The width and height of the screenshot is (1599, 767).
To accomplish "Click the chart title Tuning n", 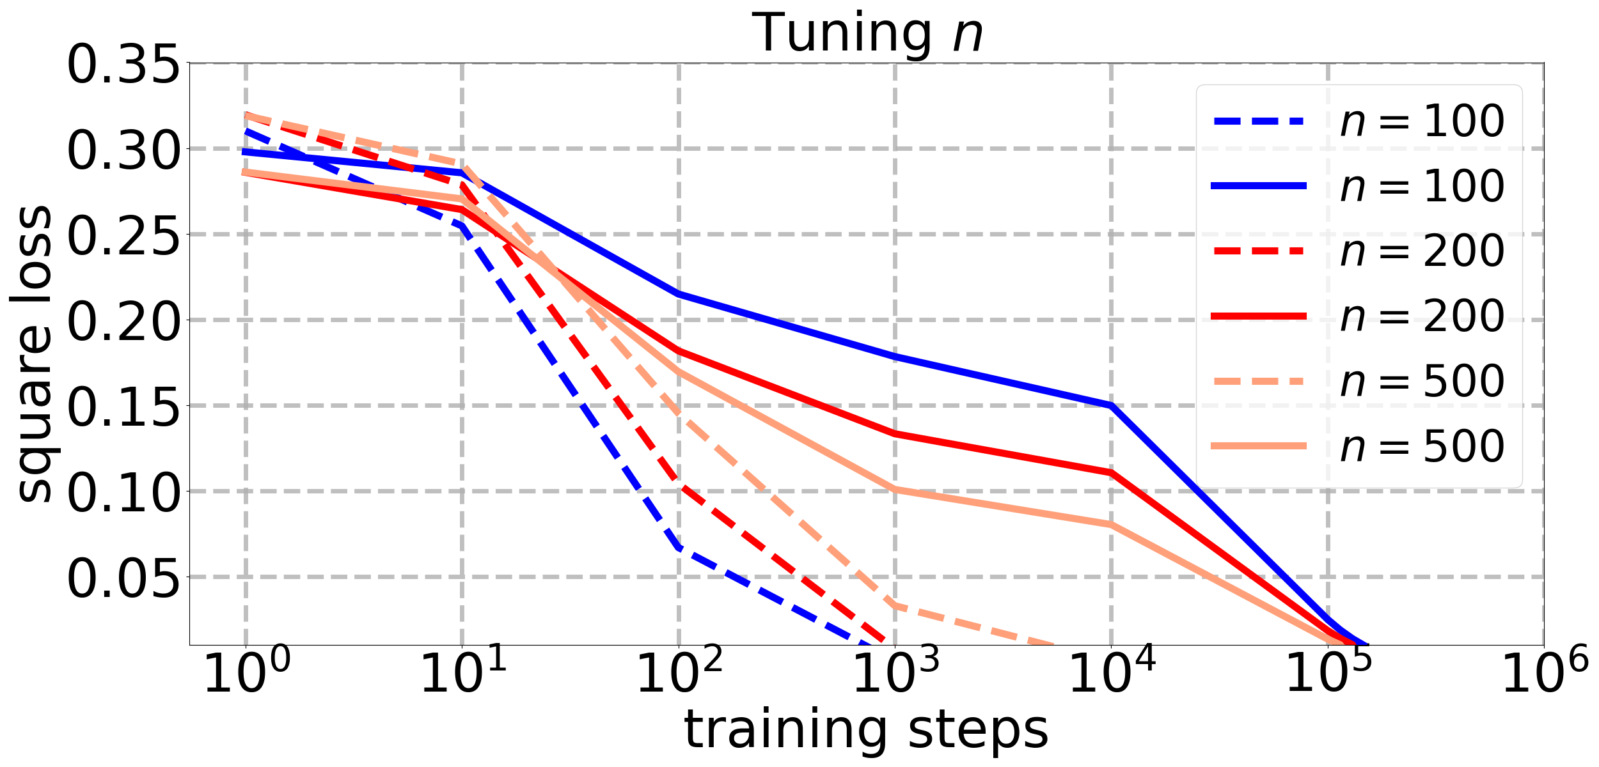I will tap(867, 33).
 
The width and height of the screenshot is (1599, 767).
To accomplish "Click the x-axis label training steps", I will tap(867, 730).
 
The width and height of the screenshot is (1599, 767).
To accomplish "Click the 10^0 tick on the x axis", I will tap(246, 674).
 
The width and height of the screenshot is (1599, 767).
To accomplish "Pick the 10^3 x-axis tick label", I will tap(895, 674).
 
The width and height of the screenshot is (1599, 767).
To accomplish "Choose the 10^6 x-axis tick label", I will tap(1545, 674).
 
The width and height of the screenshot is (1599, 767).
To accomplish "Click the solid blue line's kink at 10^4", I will tap(1112, 405).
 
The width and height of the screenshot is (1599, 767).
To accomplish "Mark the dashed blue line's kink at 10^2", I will tap(679, 548).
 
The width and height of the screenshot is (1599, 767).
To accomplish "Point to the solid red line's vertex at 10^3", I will tap(895, 433).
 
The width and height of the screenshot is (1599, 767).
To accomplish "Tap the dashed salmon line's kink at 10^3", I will tap(895, 605).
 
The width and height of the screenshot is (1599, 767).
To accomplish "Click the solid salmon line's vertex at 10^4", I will tap(1112, 524).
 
